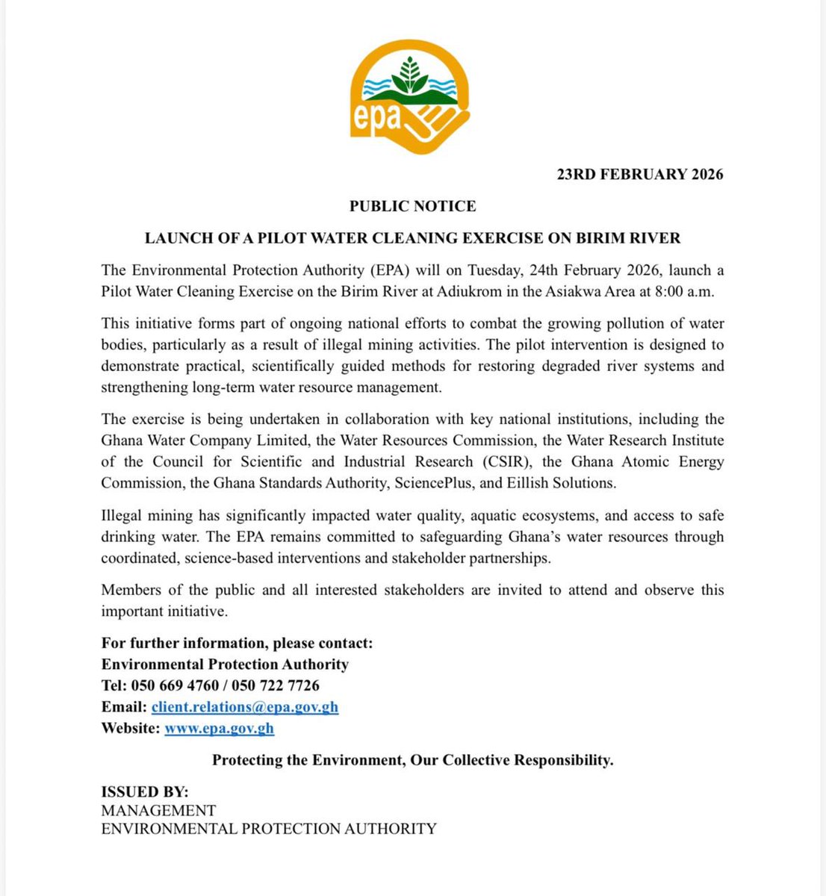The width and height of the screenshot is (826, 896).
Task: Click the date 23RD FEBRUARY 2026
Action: (640, 174)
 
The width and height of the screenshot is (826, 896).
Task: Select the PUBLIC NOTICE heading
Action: (412, 205)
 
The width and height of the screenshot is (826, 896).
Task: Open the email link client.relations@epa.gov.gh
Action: (245, 706)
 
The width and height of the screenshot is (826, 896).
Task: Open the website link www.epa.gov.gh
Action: (219, 728)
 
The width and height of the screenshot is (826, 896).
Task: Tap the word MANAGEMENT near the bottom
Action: (158, 810)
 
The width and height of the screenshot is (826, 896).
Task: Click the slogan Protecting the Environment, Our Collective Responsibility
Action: (412, 760)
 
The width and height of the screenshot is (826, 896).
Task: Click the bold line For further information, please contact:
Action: (237, 643)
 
